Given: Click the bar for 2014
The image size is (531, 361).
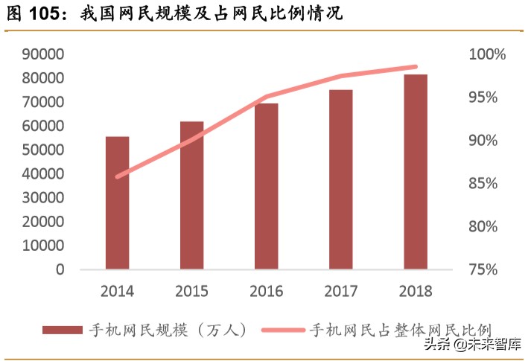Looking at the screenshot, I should [117, 202].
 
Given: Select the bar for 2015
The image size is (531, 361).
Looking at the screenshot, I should [191, 195].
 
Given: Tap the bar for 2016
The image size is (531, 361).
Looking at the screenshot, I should [266, 186].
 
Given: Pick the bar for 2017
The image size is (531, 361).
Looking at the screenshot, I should [340, 179].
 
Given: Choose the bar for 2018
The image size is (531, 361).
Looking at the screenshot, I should [415, 172].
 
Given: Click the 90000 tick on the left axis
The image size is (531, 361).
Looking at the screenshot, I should [43, 54].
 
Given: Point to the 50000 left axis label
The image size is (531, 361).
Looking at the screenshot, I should [43, 150].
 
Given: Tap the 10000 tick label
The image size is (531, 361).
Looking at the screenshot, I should [43, 246].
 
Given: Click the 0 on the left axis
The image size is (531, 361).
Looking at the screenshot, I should [60, 269].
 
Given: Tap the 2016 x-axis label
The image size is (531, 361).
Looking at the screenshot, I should [266, 290].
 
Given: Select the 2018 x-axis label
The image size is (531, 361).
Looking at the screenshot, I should [415, 290].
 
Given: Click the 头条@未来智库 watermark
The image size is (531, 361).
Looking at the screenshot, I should [472, 344].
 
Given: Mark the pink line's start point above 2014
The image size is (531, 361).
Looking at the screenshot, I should [118, 177].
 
